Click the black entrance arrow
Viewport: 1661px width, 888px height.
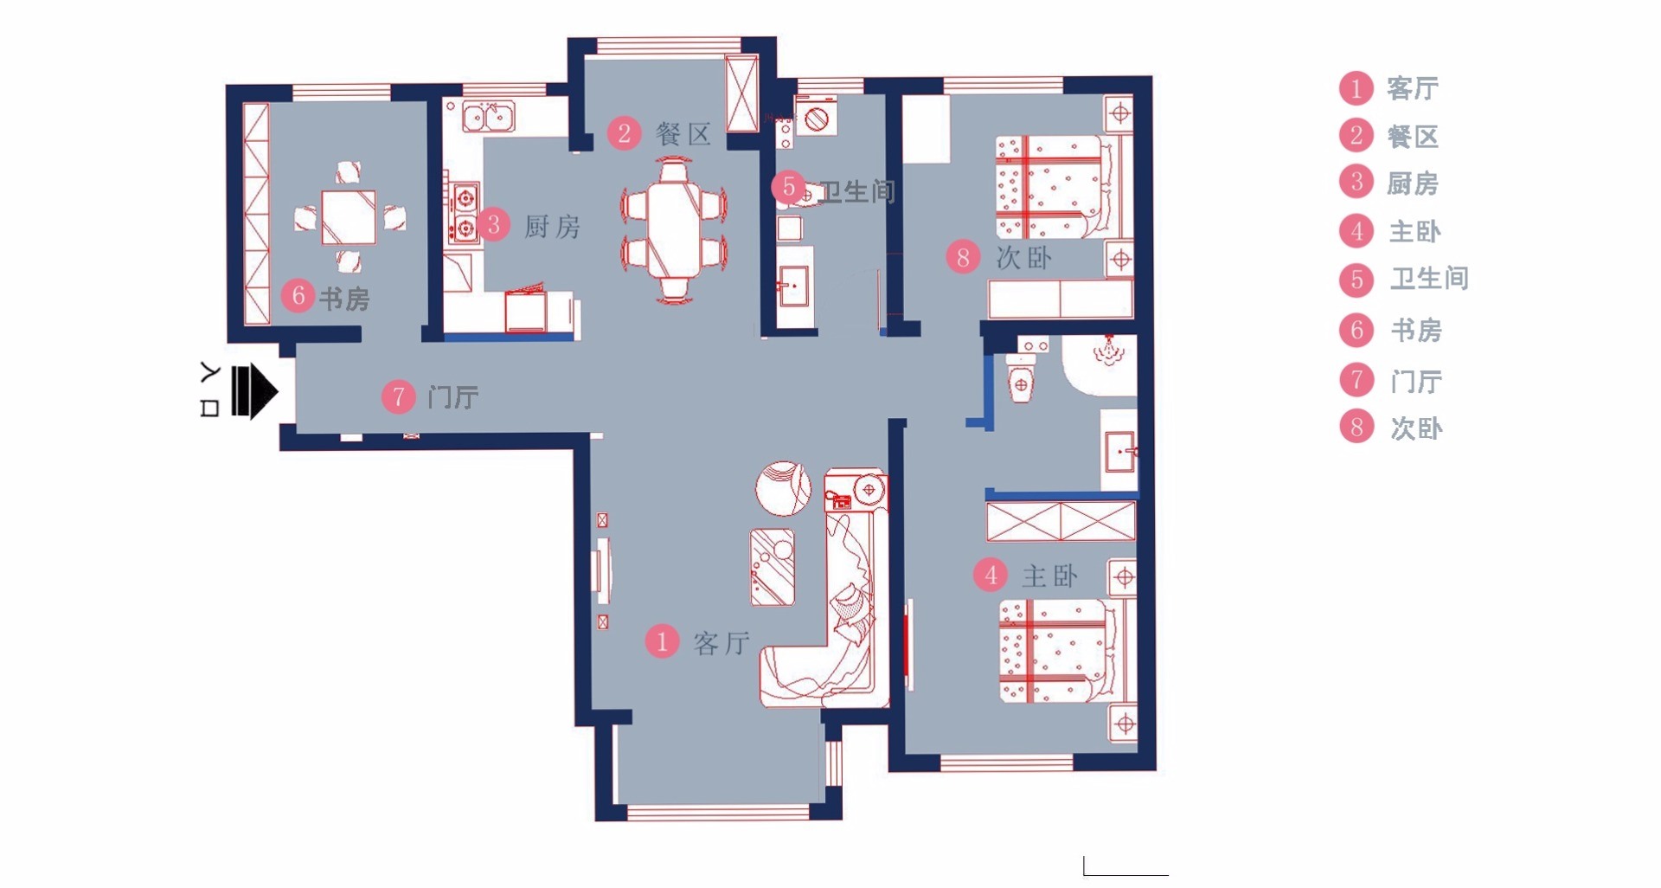tap(254, 392)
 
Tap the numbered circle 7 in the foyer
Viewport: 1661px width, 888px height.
tap(399, 397)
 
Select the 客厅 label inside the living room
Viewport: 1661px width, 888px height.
tap(721, 643)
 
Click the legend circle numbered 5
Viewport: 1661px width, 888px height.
tap(1356, 280)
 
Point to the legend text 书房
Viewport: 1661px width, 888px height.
tap(1416, 330)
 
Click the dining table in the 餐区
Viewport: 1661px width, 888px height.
tap(674, 228)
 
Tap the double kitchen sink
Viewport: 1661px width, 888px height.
tap(488, 116)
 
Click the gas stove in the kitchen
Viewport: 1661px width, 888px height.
tap(465, 213)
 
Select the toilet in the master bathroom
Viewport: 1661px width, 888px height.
tap(1021, 378)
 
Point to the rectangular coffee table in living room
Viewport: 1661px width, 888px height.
tap(773, 567)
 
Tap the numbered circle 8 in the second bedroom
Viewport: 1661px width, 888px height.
tap(963, 257)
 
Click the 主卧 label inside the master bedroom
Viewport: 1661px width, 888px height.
tap(1049, 576)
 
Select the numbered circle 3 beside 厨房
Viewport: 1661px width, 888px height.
tap(494, 225)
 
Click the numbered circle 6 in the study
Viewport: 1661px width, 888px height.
tap(298, 296)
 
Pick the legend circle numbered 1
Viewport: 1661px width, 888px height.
tap(1356, 88)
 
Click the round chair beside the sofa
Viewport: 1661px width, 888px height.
tap(783, 489)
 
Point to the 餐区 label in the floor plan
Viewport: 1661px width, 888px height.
tap(683, 134)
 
